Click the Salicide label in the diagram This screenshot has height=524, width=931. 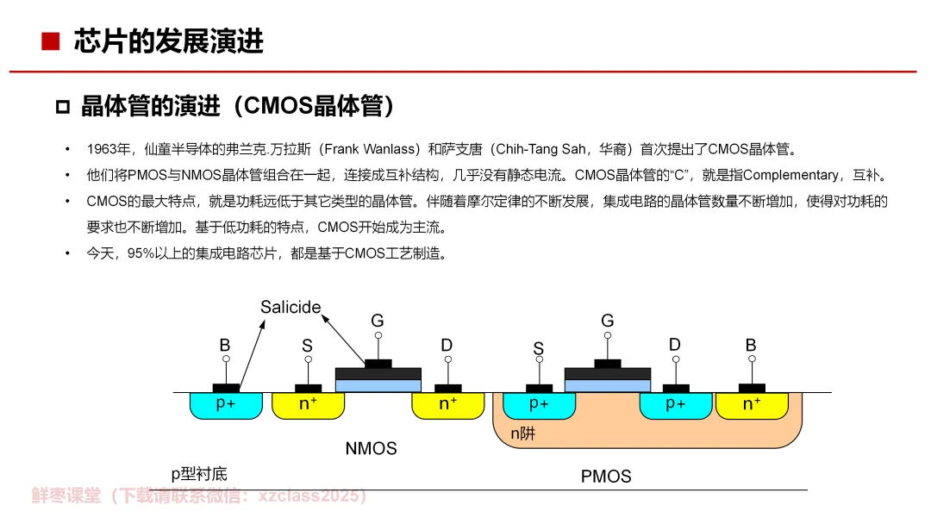tap(291, 308)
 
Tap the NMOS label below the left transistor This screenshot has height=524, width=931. tap(371, 448)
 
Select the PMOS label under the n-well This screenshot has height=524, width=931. tap(606, 476)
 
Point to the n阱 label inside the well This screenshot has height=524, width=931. tap(522, 434)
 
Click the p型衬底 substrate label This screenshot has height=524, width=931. tap(199, 473)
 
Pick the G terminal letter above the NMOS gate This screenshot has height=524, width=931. tap(378, 321)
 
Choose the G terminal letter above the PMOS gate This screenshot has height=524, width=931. tap(608, 321)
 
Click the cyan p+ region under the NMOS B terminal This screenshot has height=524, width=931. tap(225, 404)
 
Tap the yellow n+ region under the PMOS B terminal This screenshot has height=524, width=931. tap(752, 404)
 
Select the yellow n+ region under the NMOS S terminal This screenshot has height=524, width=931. tap(308, 404)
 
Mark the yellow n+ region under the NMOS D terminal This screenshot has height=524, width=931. tap(448, 404)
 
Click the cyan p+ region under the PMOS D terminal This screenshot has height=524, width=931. tap(676, 404)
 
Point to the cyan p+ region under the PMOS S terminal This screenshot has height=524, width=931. tap(539, 404)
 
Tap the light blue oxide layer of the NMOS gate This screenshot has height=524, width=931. tap(378, 385)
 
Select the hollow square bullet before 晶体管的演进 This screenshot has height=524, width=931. tap(62, 108)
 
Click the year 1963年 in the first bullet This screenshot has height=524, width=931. tap(107, 149)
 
